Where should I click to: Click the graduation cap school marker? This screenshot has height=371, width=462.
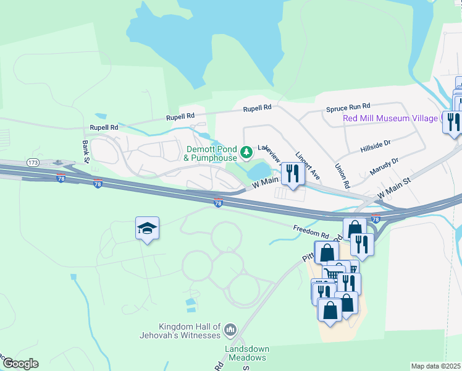click(147, 229)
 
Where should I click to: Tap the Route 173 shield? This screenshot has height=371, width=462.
click(33, 162)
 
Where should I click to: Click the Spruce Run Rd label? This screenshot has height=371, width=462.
click(348, 108)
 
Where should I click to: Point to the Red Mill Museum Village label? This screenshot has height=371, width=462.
click(390, 118)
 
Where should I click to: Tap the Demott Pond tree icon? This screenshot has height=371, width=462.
click(246, 151)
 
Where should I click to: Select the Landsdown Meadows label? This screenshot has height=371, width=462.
click(245, 353)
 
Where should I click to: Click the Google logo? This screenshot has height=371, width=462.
click(20, 364)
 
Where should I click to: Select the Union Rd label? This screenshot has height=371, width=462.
click(342, 176)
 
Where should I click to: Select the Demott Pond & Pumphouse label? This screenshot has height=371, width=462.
click(209, 154)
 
